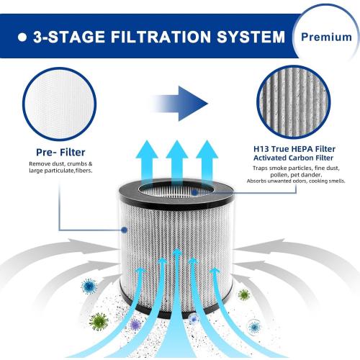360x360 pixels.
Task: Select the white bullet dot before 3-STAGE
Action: (22, 36)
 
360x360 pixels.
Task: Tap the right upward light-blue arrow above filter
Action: (206, 162)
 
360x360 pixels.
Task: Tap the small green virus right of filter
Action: (244, 294)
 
